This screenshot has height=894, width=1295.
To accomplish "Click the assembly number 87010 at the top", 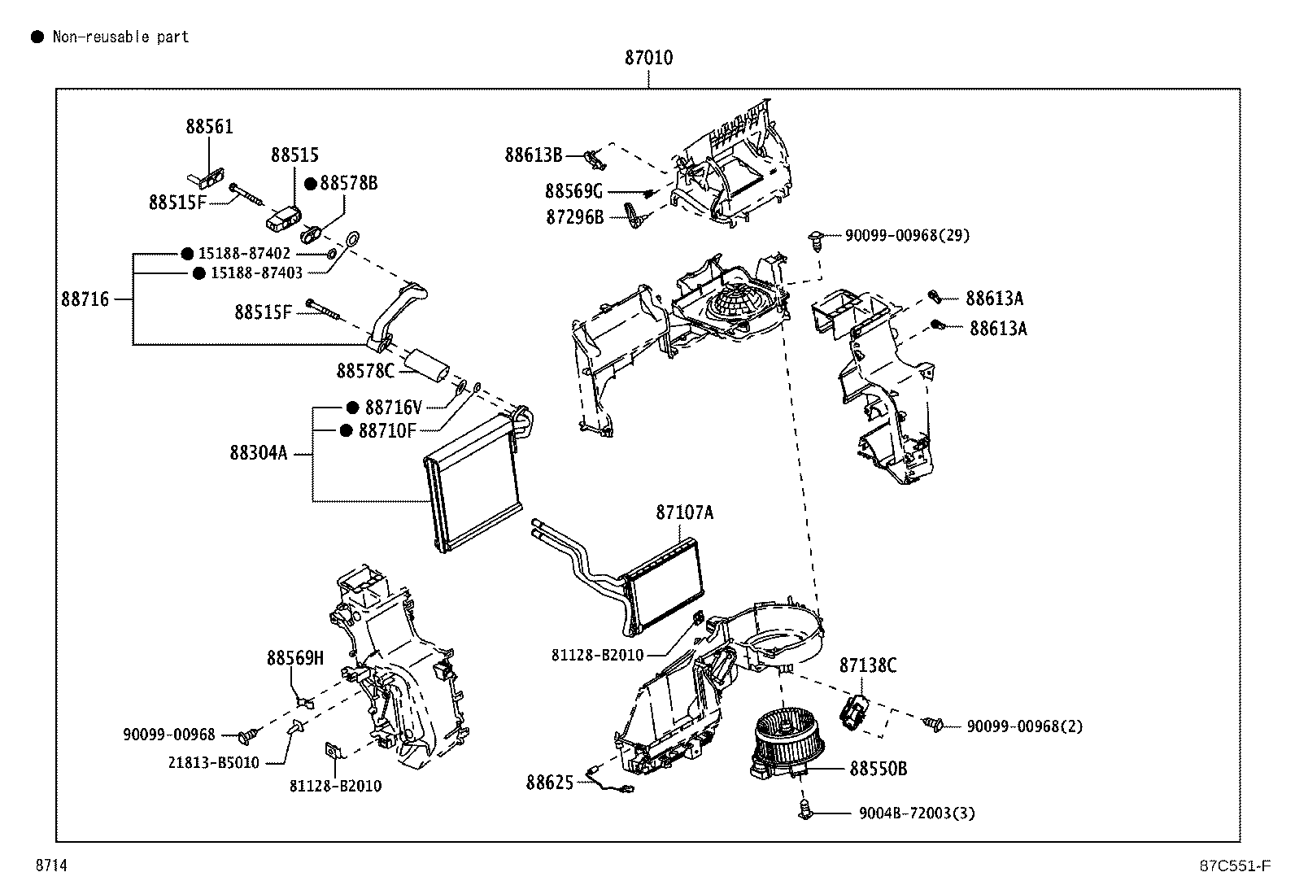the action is (x=648, y=58).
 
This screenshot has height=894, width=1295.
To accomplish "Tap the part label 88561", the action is (x=209, y=127).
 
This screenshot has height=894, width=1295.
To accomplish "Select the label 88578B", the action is (x=349, y=183).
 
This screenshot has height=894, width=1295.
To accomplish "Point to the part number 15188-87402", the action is (x=244, y=253).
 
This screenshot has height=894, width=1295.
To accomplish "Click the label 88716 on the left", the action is (x=85, y=299).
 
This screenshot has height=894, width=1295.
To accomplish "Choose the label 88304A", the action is (x=259, y=453).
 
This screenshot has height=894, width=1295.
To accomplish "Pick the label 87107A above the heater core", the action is (x=684, y=512).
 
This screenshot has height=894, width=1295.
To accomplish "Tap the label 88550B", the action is (x=879, y=769).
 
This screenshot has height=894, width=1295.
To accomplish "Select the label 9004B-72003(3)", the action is (x=917, y=813).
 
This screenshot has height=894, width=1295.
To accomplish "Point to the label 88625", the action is (x=549, y=783).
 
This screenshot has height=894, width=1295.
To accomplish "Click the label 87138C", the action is (x=868, y=665).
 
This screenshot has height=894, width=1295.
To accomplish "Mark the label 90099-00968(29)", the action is (x=907, y=235).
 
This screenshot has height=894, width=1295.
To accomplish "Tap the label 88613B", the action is (x=534, y=155).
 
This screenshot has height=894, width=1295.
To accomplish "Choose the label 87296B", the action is (x=574, y=217).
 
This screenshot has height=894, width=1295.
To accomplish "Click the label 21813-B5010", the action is (x=214, y=763).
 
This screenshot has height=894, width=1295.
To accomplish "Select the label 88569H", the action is (x=294, y=658).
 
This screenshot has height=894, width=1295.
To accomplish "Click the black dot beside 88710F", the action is (x=347, y=431).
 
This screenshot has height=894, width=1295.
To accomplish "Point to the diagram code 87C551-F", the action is (x=1235, y=866).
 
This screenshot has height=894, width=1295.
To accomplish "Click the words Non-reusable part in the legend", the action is (x=121, y=37).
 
